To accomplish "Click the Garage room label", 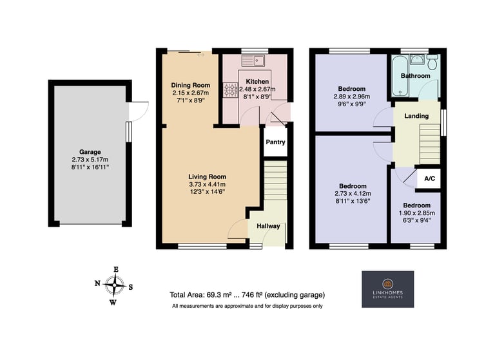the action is point(90,152).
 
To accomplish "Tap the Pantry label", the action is point(275,142).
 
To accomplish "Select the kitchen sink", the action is point(253,61).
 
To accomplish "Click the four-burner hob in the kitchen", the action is point(231,90).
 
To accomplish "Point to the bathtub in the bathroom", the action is point(400,76).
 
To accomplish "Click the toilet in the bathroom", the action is point(432,62).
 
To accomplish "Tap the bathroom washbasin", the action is point(418,59).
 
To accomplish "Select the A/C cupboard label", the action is point(429,178).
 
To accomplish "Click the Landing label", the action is point(416,116).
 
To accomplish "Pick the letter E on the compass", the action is point(116,269).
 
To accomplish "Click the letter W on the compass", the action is point(113,303).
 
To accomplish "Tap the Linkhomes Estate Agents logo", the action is point(387,289).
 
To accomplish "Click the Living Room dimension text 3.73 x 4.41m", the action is point(207,184).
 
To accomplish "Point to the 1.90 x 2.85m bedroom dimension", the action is point(417,213).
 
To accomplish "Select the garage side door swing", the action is point(139,111).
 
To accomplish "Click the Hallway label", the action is point(268,226).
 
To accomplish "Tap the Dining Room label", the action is point(190,85).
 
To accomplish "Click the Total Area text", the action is point(247,295).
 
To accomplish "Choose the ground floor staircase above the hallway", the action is point(275,180).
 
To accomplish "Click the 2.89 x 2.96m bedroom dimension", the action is point(352,97).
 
